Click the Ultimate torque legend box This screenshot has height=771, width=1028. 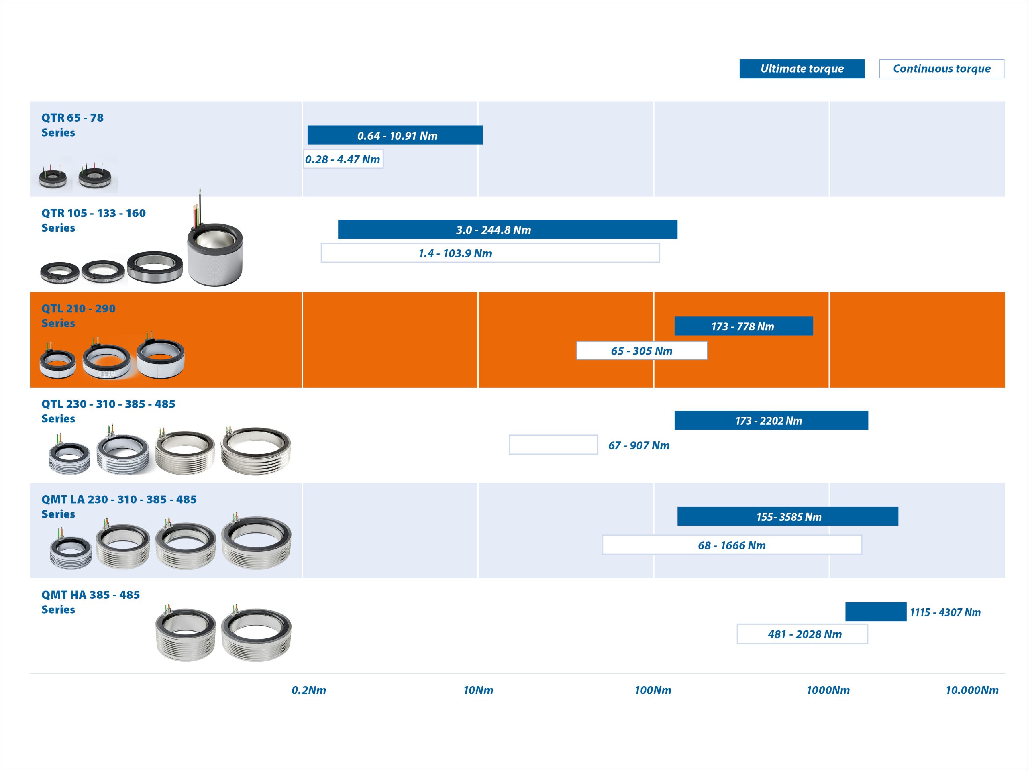pos(802,69)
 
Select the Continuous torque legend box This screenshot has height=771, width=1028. pos(942,69)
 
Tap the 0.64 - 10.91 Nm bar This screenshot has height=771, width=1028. pos(395,135)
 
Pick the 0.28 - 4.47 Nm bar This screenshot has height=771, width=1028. pos(343,159)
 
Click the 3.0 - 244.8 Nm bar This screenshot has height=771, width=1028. pos(508,230)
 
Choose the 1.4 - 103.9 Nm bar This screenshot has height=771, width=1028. pos(490,253)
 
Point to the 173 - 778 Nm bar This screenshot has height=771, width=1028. pos(744,326)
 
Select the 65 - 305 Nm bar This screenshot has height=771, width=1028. pos(642,351)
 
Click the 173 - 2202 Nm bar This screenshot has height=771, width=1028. pos(771,420)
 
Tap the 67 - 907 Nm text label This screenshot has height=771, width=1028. pos(639,445)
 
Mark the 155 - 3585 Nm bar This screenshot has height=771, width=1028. pos(788,516)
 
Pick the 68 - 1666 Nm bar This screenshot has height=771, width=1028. pos(732,545)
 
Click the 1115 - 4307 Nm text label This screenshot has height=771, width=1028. pos(945,612)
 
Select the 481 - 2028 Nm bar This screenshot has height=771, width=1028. pos(802,634)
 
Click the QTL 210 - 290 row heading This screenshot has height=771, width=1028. pos(79,316)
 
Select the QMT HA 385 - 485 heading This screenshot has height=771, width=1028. pos(91,602)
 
